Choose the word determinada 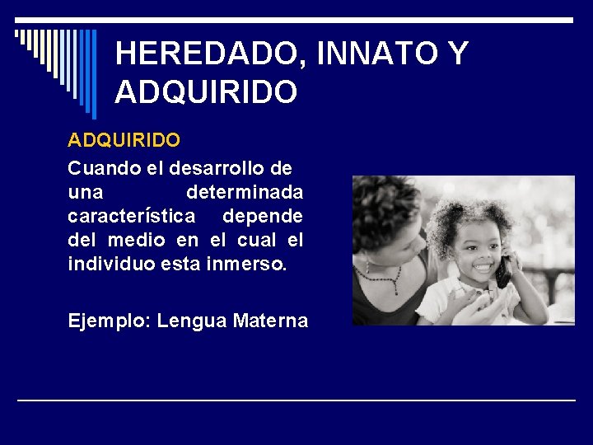coord(245,192)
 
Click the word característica coord(132,216)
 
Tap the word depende coord(263,216)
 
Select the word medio coord(136,240)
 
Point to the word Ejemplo coord(105,320)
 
